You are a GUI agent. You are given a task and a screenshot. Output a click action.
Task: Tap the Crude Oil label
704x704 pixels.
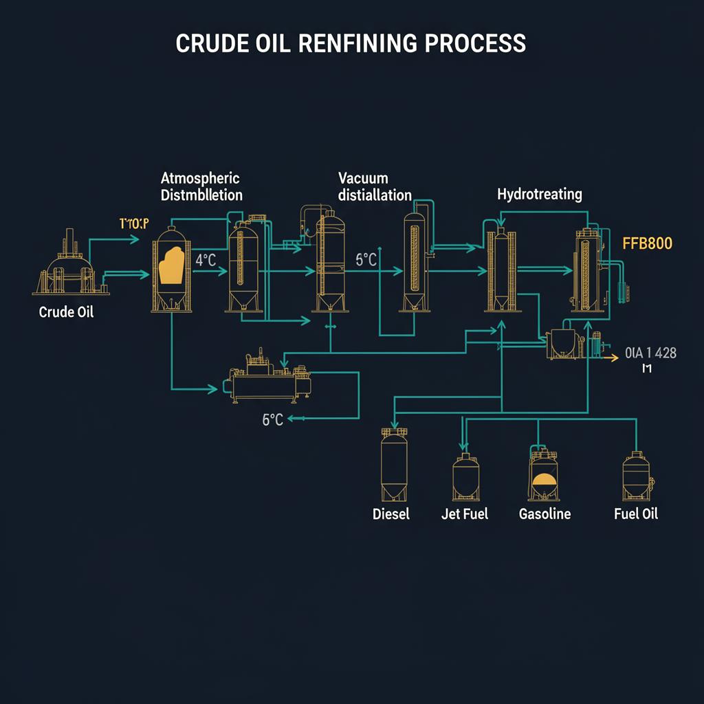pos(66,312)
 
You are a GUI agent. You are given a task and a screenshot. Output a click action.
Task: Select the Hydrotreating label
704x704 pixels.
pos(539,195)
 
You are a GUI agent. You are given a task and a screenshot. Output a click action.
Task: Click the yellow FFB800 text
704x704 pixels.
pos(647,243)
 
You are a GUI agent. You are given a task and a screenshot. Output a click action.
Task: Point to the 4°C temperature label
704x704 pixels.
pos(206,261)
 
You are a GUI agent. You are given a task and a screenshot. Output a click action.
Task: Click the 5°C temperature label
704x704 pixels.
pos(366,261)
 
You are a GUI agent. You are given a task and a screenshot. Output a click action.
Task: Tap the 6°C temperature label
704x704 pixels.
pos(272,419)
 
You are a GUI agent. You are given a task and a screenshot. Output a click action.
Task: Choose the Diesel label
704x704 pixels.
pos(390,514)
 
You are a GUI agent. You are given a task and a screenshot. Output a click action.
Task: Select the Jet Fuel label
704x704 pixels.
pos(465,514)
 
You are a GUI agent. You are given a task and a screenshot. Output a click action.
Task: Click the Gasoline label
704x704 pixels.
pos(544,514)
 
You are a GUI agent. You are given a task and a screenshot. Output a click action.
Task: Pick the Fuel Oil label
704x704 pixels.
pos(635,514)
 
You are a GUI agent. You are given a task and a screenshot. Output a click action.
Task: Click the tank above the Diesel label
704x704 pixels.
pos(394,465)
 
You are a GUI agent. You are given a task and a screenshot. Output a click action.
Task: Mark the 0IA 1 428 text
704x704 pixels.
pos(650,353)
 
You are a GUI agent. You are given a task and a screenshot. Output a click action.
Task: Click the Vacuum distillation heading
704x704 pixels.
pos(375,187)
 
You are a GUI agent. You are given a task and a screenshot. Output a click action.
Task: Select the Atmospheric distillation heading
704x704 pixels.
pos(201,187)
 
